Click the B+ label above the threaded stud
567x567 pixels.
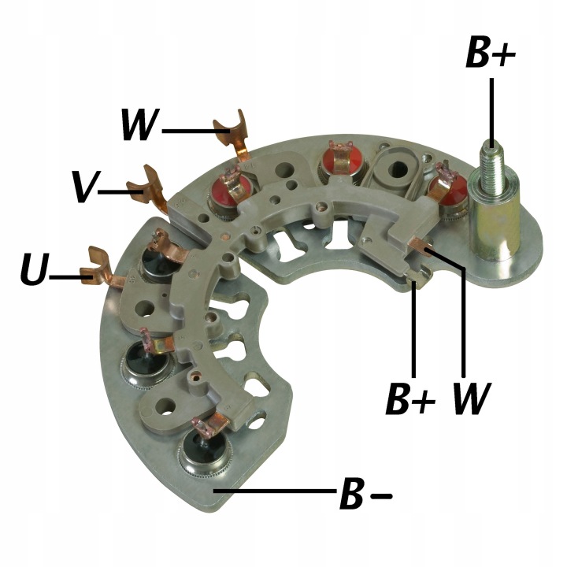click(x=491, y=53)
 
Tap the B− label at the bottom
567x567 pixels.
click(x=365, y=494)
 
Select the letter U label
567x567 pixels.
click(x=35, y=269)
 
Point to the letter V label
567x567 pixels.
click(x=84, y=187)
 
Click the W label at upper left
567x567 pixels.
click(x=140, y=124)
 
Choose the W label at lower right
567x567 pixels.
click(x=472, y=398)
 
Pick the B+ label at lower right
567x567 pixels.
click(x=411, y=398)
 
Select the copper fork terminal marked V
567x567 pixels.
click(x=147, y=187)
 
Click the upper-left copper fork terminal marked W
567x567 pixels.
click(x=232, y=133)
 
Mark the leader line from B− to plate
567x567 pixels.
click(x=275, y=491)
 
